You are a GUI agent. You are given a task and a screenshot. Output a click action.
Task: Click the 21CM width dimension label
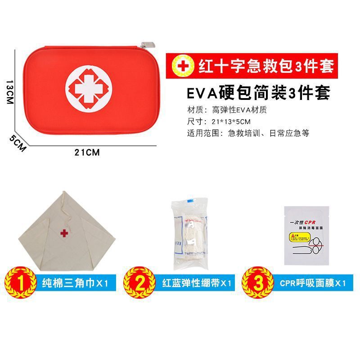point(87,152)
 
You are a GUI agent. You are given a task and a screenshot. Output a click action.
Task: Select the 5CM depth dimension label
point(18,143)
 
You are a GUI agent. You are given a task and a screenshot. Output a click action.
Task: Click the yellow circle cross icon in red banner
point(182,66)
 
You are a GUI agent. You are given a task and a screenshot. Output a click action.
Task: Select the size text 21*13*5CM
point(231,121)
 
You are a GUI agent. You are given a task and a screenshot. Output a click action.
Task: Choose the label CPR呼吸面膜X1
point(312,283)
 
